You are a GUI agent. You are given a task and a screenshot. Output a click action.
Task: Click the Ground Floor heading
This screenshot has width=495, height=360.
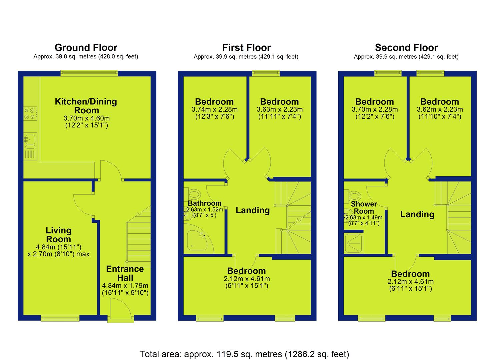(86, 48)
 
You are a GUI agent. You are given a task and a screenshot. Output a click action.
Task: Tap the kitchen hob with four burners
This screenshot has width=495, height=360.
(30, 114)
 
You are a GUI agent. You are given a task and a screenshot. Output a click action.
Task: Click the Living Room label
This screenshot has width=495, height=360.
(59, 235)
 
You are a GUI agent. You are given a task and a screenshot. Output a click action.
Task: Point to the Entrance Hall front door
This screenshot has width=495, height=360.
(121, 310)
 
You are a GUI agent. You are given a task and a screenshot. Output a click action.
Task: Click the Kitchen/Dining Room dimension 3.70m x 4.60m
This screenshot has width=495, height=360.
(87, 118)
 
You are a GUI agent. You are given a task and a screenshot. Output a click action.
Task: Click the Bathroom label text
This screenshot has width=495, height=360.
(205, 203)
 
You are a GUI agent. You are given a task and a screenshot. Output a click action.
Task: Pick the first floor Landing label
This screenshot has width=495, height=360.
(253, 210)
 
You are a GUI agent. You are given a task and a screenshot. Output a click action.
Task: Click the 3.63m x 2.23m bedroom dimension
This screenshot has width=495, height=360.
(280, 109)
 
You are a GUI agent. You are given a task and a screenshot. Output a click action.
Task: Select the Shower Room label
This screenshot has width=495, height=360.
(364, 208)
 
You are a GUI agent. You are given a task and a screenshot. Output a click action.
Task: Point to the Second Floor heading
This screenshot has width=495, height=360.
(406, 48)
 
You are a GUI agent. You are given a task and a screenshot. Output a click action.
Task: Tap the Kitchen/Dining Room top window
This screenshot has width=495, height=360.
(89, 73)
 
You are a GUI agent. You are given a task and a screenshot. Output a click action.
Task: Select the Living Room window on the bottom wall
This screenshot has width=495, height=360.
(60, 318)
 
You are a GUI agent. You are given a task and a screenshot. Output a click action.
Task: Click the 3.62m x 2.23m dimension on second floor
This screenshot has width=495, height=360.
(440, 109)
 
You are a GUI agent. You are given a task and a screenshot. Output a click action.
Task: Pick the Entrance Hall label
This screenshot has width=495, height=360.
(125, 273)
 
